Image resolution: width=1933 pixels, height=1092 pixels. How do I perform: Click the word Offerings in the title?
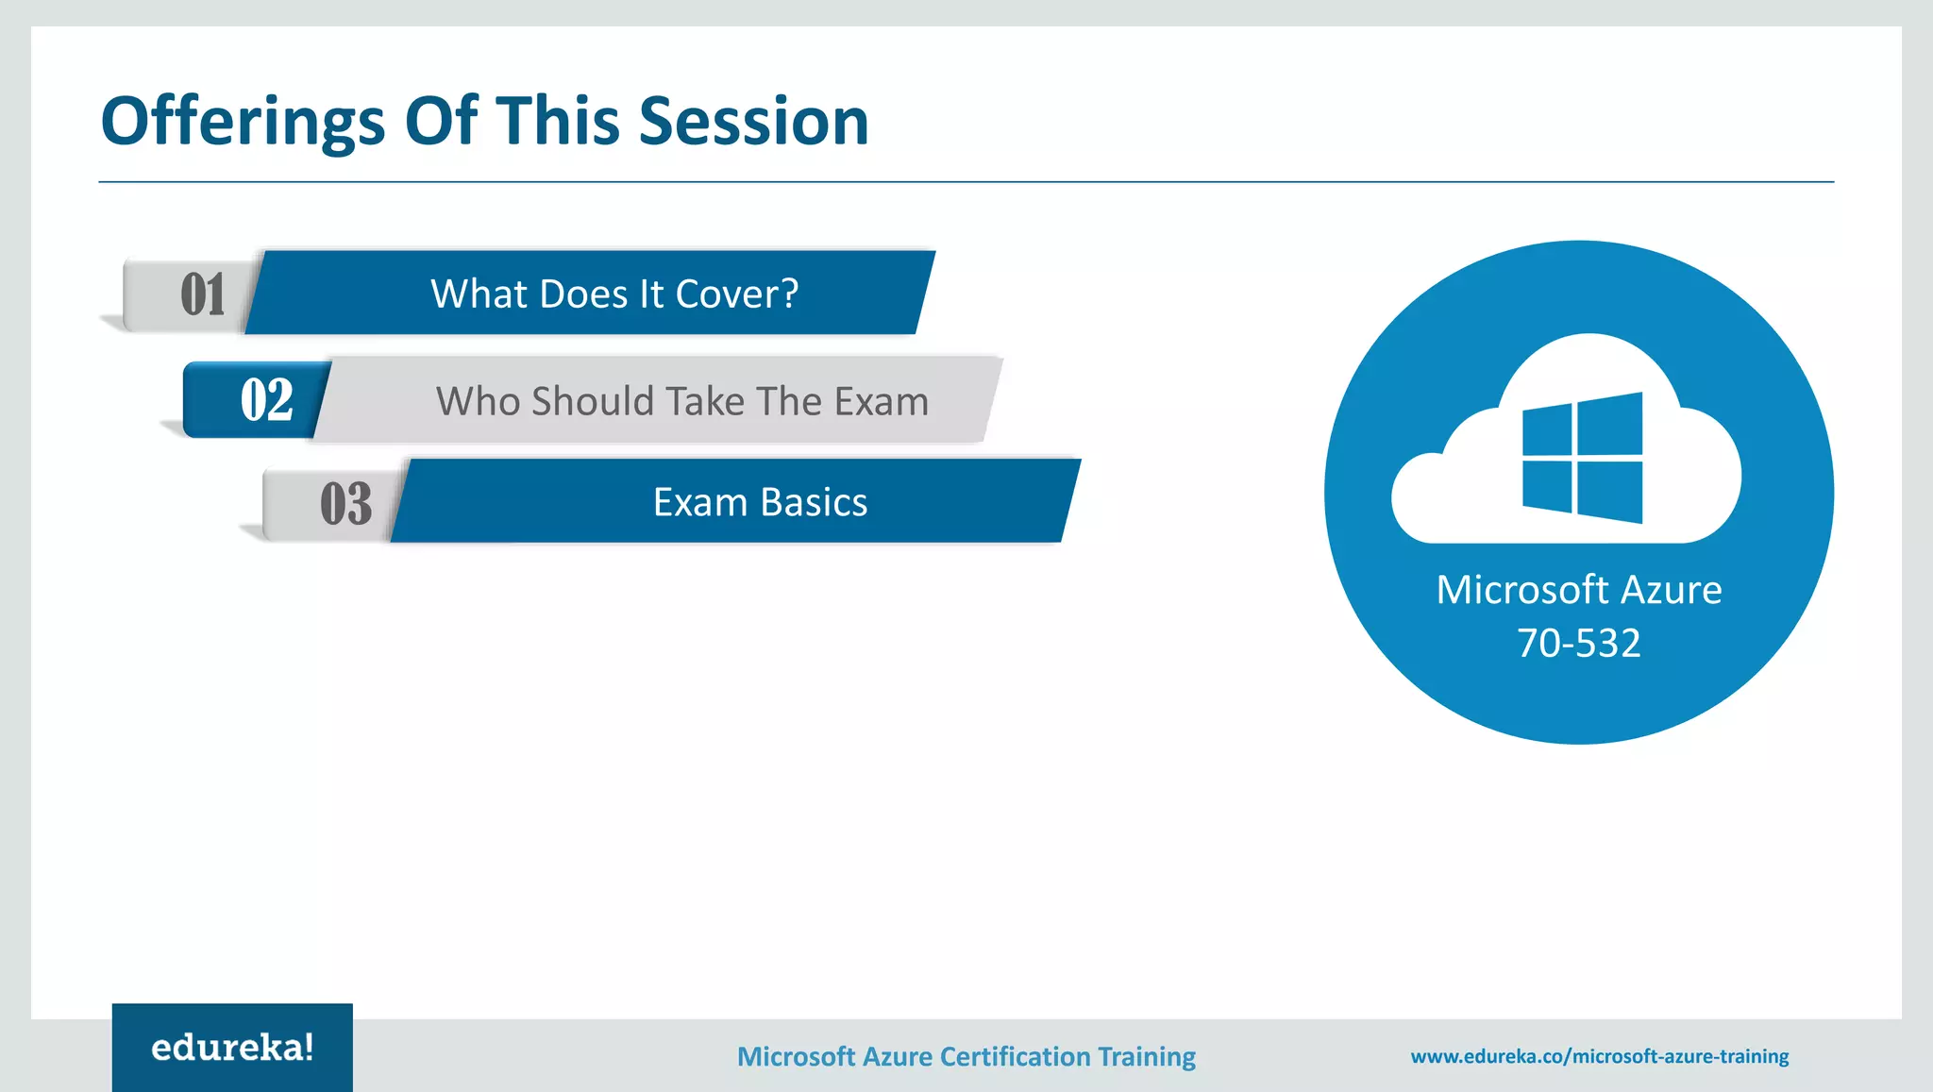243,123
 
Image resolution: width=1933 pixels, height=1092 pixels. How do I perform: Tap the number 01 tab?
202,294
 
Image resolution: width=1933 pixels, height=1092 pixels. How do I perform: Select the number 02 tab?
266,399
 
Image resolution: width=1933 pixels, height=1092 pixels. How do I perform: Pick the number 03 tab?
345,503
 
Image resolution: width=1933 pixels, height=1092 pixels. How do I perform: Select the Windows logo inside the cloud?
1582,458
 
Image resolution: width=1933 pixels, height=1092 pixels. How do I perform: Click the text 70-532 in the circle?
1578,643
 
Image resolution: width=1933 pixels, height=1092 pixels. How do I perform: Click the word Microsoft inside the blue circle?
1521,590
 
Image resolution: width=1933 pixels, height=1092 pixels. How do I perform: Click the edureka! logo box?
232,1048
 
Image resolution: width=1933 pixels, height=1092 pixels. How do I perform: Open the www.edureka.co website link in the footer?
1599,1056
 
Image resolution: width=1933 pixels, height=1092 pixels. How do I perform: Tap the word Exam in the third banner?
699,502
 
